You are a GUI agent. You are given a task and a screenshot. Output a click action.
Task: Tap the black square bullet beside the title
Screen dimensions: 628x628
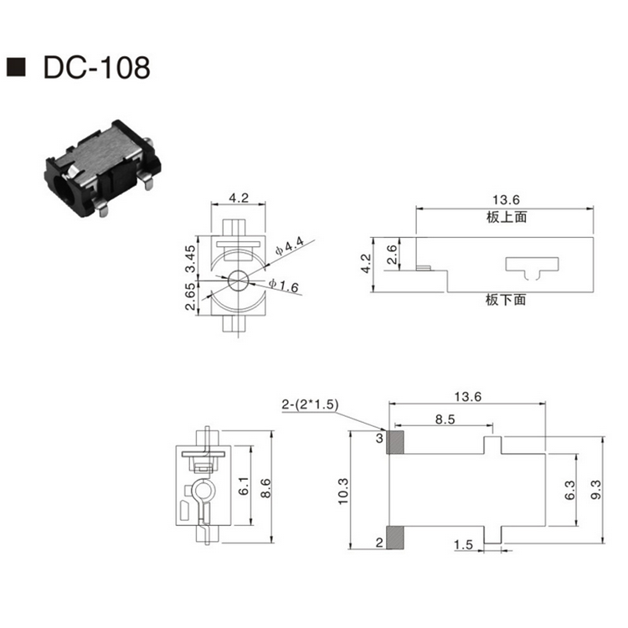pos(17,68)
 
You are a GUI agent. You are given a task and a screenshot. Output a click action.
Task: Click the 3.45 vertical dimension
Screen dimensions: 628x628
pos(190,259)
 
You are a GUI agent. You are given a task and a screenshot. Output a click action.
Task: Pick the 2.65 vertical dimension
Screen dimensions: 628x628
pos(190,297)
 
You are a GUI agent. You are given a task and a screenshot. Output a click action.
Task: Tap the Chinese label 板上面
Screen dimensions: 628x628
pos(505,216)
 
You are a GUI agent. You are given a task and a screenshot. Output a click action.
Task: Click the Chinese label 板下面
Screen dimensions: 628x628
pos(505,299)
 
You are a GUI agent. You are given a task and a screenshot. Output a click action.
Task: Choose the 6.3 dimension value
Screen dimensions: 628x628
pos(570,492)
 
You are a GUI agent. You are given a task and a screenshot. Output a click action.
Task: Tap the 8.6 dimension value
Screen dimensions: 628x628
pos(266,486)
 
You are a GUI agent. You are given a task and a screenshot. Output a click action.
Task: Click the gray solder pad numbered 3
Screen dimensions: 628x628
pos(395,441)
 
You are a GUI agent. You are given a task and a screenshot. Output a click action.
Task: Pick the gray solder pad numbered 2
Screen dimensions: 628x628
pos(395,538)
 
